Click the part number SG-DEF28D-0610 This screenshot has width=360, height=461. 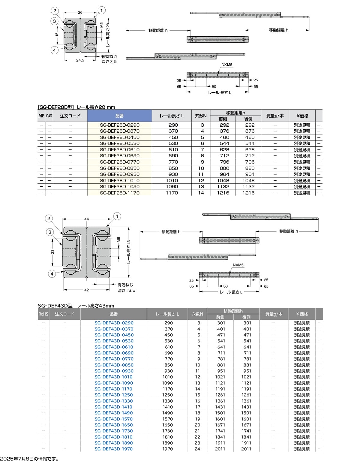point(120,149)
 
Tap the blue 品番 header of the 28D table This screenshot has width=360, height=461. point(119,116)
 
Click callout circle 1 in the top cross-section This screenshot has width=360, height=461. point(101,11)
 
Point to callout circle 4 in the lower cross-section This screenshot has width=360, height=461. point(52,274)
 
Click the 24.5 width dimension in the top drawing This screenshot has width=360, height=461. point(80,60)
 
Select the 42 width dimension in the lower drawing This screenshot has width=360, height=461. point(86,290)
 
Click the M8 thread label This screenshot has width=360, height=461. point(118,240)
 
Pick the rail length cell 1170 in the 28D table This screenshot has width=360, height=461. point(172,193)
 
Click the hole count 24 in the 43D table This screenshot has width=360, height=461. point(197,449)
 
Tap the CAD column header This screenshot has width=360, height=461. point(49,116)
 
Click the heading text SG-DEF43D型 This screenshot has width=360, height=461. point(55,306)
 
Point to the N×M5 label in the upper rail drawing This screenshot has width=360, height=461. point(227,65)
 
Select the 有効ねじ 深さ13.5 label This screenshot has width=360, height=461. point(126,288)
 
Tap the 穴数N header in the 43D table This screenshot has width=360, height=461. point(197,314)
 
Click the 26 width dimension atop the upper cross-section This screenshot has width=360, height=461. point(80,13)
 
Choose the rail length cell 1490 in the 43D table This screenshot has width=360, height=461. point(168,413)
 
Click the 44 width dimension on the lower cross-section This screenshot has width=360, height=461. point(87,219)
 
